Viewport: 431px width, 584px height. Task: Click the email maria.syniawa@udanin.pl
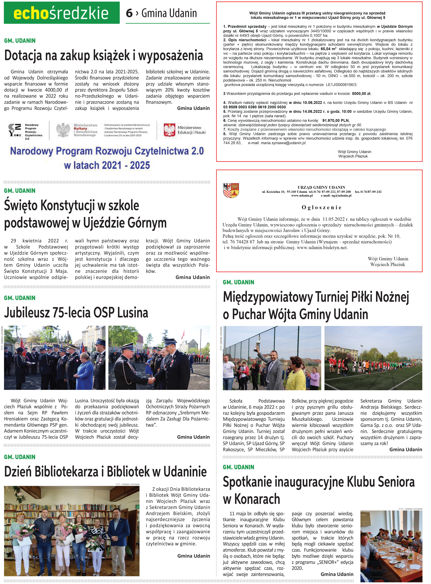[284, 143]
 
